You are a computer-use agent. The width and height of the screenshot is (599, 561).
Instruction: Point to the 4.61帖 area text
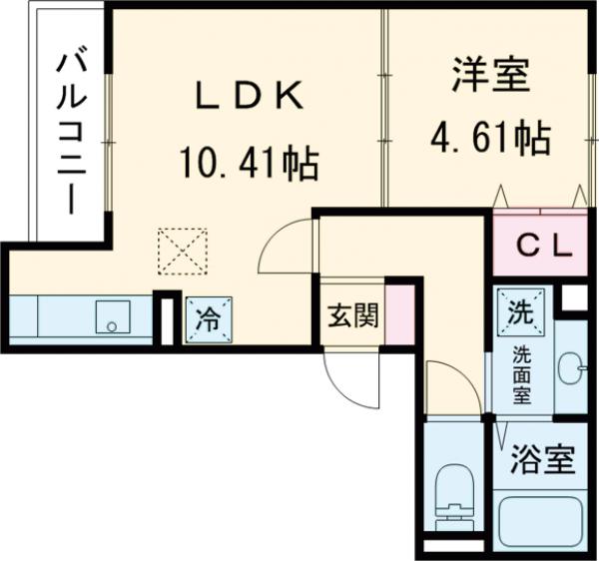click(489, 139)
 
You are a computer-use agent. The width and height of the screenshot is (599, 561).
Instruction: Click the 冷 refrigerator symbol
click(209, 319)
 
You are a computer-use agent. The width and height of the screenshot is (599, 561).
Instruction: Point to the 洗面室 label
click(522, 374)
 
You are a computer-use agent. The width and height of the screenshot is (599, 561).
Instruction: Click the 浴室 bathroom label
click(543, 461)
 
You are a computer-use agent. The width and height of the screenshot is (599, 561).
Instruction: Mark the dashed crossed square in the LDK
click(182, 251)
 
